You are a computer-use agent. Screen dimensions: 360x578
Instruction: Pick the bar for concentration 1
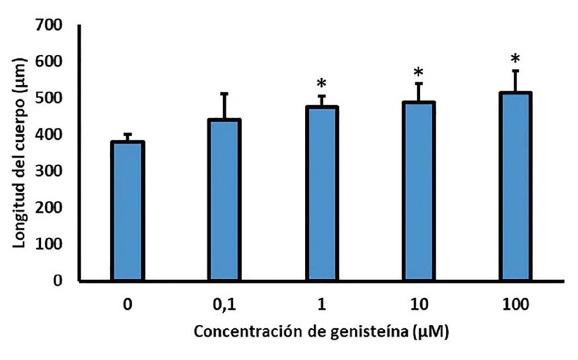tap(321, 194)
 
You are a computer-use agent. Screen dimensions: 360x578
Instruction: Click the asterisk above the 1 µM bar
tap(321, 85)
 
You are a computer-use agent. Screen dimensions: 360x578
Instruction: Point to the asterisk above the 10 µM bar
tap(418, 72)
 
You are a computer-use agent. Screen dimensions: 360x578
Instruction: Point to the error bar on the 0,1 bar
tap(224, 107)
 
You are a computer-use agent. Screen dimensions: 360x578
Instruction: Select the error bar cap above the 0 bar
tap(128, 134)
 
